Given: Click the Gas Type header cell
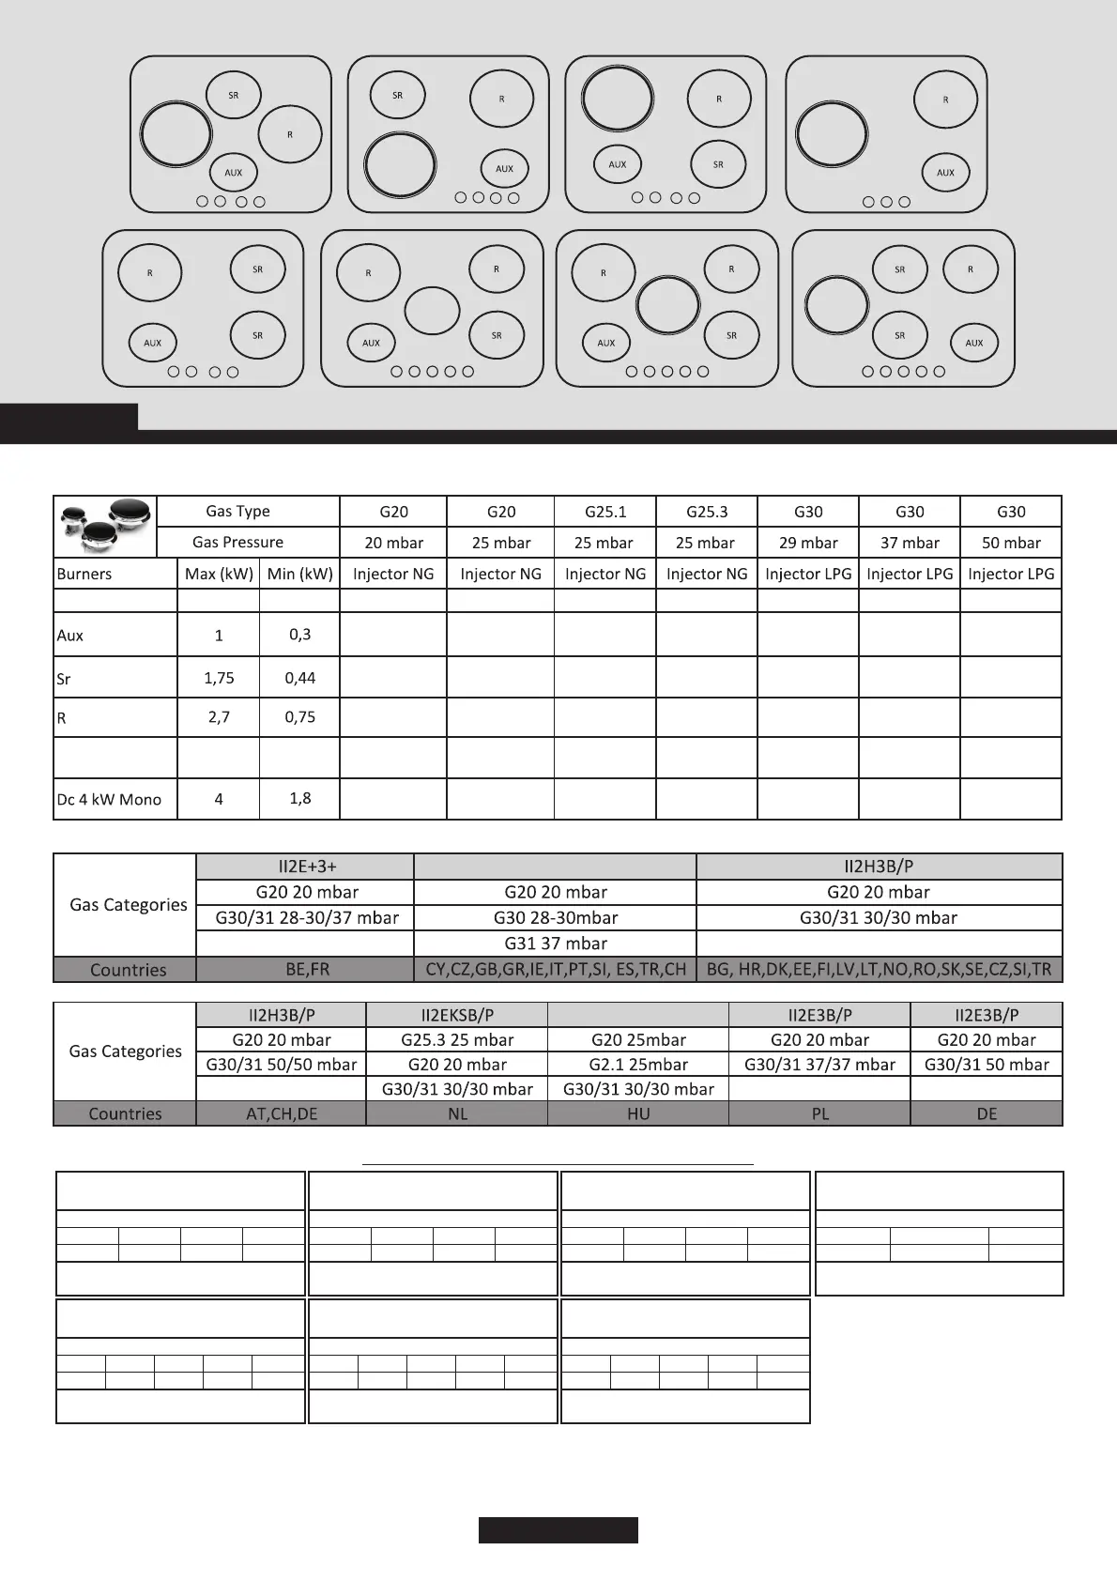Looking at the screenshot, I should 238,512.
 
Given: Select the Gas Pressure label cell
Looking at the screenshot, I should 238,543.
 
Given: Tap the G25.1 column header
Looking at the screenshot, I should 605,512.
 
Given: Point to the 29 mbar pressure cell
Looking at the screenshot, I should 808,543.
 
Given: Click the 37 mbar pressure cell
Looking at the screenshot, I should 910,543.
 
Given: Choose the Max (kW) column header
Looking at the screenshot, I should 219,574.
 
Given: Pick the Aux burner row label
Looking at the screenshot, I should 70,636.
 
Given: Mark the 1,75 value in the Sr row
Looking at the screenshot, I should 219,678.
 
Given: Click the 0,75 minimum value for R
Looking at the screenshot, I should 299,717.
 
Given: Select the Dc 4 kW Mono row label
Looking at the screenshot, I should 109,800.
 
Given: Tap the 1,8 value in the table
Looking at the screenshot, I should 299,799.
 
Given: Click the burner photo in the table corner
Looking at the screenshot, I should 105,527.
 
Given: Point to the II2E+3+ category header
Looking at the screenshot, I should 307,867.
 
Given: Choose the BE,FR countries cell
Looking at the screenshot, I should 307,970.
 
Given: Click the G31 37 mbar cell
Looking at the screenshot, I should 556,944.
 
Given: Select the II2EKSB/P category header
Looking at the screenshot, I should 457,1015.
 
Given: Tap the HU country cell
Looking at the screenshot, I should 638,1113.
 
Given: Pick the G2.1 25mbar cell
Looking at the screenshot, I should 638,1065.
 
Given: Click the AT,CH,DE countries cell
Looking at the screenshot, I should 282,1113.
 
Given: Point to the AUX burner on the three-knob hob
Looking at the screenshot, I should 945,173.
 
